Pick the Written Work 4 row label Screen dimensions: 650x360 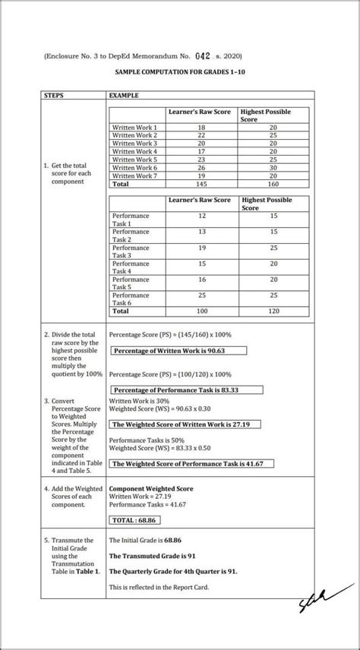pyautogui.click(x=134, y=151)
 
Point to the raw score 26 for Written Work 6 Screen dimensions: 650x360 pyautogui.click(x=201, y=167)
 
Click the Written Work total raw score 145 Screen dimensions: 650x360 pyautogui.click(x=201, y=184)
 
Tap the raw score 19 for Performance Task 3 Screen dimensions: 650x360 pyautogui.click(x=201, y=248)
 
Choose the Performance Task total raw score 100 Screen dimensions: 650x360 pyautogui.click(x=201, y=311)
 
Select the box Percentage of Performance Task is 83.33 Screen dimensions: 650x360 pyautogui.click(x=186, y=390)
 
